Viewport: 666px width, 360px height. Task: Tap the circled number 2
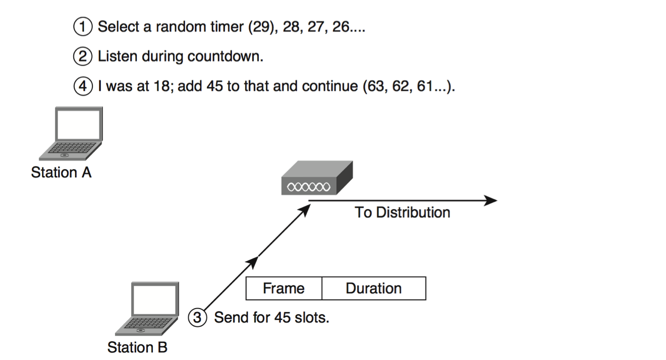pyautogui.click(x=83, y=57)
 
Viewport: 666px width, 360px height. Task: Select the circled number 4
pyautogui.click(x=83, y=86)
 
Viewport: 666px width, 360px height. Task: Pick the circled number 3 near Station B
pyautogui.click(x=198, y=318)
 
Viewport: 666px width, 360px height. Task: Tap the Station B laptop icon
pyautogui.click(x=149, y=308)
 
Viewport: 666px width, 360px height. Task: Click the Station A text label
pyautogui.click(x=61, y=173)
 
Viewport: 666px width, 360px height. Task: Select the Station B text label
pyautogui.click(x=137, y=348)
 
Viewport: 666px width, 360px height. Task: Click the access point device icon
pyautogui.click(x=316, y=179)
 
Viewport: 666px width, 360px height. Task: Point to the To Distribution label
pyautogui.click(x=402, y=213)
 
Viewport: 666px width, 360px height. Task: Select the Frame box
pyautogui.click(x=284, y=288)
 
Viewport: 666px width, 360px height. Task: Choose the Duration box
pyautogui.click(x=373, y=288)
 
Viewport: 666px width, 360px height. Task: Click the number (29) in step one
pyautogui.click(x=262, y=27)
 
